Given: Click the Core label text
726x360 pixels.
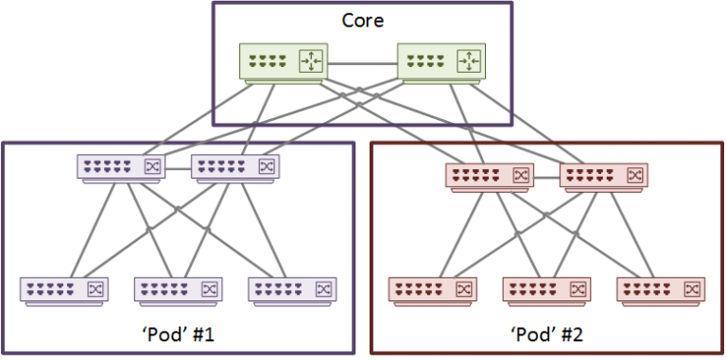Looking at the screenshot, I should click(363, 20).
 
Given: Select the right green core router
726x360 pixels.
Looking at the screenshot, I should click(441, 62).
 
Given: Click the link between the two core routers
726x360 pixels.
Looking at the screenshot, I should click(362, 63).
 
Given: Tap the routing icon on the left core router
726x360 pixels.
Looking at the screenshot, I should click(310, 62).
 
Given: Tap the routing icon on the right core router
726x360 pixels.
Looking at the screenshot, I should click(467, 62).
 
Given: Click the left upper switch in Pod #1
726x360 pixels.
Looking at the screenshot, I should click(120, 168).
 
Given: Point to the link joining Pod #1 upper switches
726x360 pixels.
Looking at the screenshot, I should click(178, 168).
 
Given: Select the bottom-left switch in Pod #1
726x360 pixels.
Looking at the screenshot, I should click(64, 289).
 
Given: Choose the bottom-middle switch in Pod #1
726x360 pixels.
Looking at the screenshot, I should click(178, 289).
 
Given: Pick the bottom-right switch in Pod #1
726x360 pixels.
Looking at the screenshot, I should click(292, 289).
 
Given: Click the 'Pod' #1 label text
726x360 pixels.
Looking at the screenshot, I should click(178, 334).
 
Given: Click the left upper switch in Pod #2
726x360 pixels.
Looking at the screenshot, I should click(489, 176).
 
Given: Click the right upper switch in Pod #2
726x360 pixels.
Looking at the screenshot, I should click(603, 176).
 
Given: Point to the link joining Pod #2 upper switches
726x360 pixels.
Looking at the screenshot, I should click(546, 176).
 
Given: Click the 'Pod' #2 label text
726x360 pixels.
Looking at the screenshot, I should click(546, 334).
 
